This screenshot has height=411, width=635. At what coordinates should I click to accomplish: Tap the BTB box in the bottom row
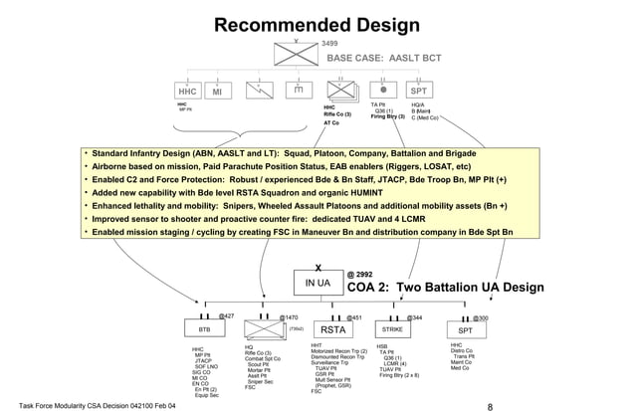tap(204, 328)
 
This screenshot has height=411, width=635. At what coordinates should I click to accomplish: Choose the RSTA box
tap(330, 328)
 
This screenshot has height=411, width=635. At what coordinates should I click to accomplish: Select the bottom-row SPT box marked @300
tap(465, 328)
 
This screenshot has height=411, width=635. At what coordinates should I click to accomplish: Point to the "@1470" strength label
tap(288, 316)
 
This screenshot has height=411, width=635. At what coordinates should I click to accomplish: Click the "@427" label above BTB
tap(226, 315)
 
